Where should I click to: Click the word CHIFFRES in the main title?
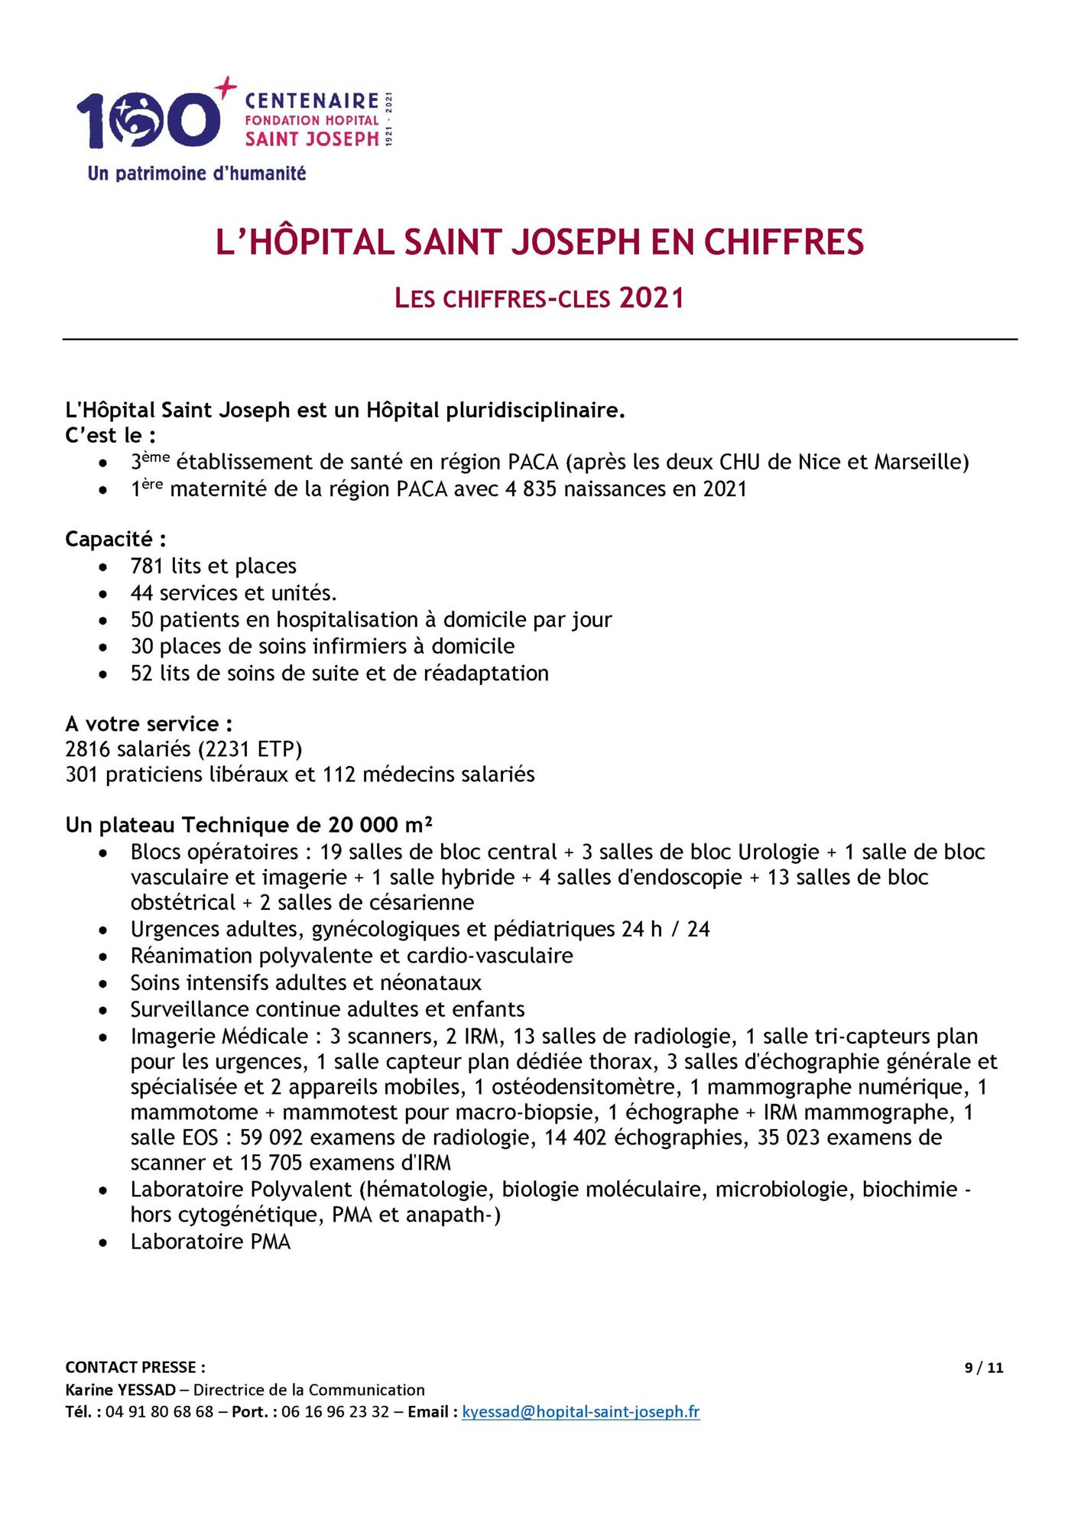[783, 242]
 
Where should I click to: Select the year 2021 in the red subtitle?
[651, 298]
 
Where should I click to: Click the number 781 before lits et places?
[147, 566]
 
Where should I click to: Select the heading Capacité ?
[115, 540]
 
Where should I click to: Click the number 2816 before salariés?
[88, 749]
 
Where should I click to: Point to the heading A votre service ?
[149, 724]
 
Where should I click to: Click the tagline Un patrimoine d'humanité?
[196, 174]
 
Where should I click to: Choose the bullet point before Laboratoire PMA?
[103, 1243]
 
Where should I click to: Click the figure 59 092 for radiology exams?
[271, 1138]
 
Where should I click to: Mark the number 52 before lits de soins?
[141, 674]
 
